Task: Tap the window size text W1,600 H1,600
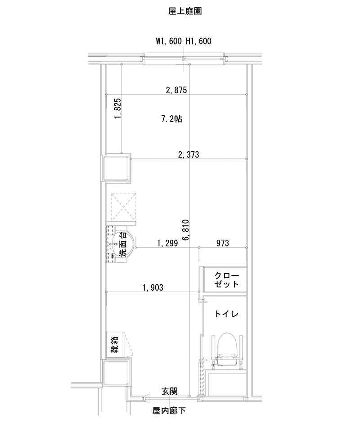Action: (184, 41)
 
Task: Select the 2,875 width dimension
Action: (176, 90)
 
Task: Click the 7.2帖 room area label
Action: (171, 119)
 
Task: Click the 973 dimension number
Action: (222, 243)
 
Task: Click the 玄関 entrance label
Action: (169, 391)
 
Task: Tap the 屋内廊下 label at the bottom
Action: (169, 410)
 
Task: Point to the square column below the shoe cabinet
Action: (117, 373)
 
